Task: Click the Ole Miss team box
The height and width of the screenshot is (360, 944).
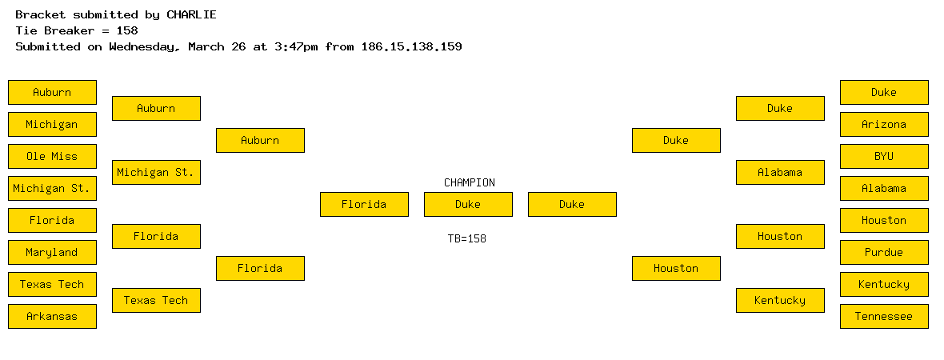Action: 52,157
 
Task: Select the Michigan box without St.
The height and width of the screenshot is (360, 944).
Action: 52,125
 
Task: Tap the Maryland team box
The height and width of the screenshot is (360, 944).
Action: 52,252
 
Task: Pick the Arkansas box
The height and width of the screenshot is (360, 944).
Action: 52,317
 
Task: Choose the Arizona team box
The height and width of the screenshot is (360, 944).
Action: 884,125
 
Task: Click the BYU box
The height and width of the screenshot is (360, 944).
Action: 884,157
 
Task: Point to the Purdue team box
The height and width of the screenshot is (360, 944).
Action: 884,252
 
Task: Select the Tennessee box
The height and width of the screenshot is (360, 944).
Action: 884,317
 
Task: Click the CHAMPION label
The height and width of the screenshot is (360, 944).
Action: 470,182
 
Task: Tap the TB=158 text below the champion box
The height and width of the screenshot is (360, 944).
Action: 467,239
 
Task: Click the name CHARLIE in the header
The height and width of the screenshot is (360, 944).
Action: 191,15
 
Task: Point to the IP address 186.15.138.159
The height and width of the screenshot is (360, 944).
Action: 412,47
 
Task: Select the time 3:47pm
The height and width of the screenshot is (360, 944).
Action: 296,47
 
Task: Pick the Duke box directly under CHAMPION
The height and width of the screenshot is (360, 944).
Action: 468,205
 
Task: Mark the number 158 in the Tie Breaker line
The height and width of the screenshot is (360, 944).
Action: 127,30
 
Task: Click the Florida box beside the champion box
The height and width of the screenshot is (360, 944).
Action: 364,205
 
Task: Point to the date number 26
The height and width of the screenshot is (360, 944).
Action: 238,47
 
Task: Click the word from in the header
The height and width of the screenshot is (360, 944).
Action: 339,47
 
